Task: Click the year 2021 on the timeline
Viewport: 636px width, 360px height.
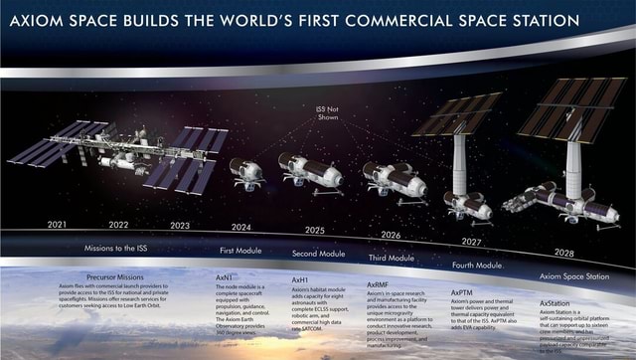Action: (57, 225)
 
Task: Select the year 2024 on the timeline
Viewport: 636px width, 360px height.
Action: (240, 227)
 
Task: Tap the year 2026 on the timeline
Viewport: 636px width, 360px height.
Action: (391, 236)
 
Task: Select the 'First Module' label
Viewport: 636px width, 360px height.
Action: (240, 250)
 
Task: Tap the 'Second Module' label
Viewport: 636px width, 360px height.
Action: (318, 255)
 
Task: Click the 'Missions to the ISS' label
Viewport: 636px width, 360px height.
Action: (116, 247)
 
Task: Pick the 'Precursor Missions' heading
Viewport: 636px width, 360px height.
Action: (115, 276)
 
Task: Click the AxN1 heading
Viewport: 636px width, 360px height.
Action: (224, 277)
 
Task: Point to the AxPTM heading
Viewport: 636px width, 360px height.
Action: (462, 293)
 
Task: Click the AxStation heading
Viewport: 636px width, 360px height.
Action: (557, 300)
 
